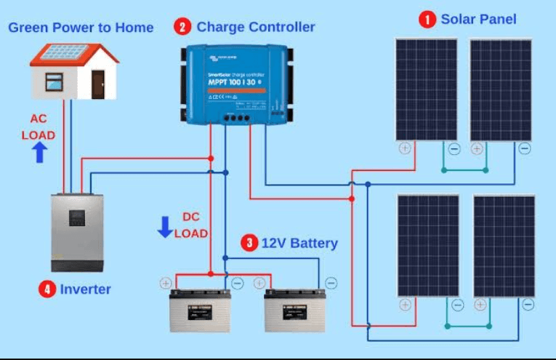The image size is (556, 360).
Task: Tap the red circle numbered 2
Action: tap(182, 28)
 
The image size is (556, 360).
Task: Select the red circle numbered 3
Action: tap(249, 243)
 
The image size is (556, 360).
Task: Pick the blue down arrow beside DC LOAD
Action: tap(165, 226)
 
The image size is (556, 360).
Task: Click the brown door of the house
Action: tap(97, 79)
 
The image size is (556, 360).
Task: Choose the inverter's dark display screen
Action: tap(79, 217)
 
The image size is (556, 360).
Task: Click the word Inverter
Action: tap(85, 289)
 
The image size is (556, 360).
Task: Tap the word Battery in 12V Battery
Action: tap(313, 243)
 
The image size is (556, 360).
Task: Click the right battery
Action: tap(294, 311)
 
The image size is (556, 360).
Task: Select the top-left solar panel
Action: tap(427, 89)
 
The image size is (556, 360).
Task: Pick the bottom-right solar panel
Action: tap(504, 245)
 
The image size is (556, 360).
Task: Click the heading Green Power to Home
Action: tap(81, 28)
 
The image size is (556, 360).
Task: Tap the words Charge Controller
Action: tap(256, 28)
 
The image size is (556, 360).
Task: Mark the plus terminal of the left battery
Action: tap(166, 284)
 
